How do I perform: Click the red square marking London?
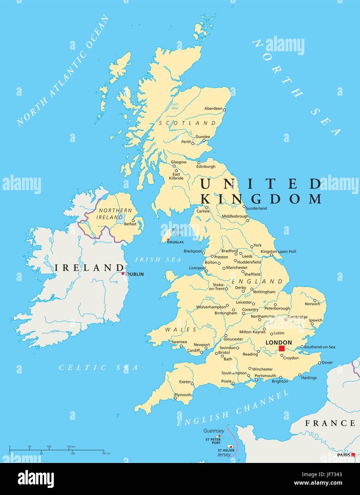282,348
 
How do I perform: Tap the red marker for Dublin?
123,273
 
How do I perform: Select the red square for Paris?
353,455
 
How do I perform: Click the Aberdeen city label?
213,108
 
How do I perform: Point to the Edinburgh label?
206,166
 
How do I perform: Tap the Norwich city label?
312,304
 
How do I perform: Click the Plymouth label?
182,395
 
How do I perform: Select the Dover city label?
327,363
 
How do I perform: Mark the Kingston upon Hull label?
278,251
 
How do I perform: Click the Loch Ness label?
175,106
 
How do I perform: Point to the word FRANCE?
330,423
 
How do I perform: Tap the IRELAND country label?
89,268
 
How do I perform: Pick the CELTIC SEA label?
98,368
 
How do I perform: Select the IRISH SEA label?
158,260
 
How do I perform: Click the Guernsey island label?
214,431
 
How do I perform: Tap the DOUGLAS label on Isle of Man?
175,242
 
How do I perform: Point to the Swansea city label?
179,342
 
